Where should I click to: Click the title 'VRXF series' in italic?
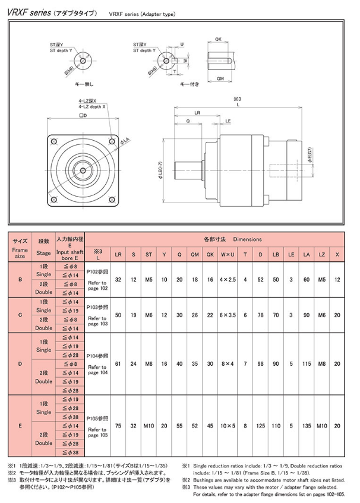pos(26,12)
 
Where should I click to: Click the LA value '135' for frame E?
pos(307,425)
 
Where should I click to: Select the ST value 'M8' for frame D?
pos(149,364)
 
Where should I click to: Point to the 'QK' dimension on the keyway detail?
pos(219,39)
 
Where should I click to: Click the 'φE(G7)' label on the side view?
pos(310,156)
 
